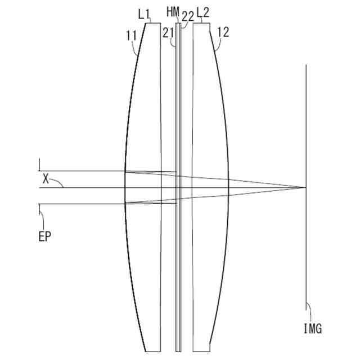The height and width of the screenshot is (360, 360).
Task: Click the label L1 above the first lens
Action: [x=144, y=15]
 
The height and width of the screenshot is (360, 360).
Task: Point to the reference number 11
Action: [x=131, y=36]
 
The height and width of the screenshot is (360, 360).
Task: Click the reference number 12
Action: [x=223, y=33]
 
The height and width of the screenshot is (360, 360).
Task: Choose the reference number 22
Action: [x=188, y=16]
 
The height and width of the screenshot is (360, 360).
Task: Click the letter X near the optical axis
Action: [x=46, y=179]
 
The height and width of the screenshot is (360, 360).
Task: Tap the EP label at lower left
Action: [x=44, y=237]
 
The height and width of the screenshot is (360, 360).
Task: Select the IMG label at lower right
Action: [x=313, y=328]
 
